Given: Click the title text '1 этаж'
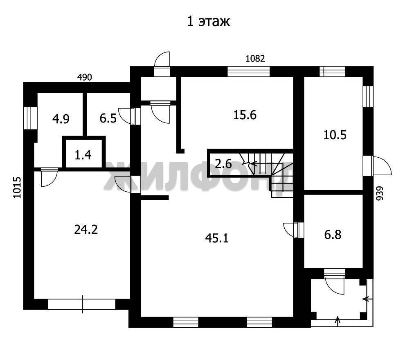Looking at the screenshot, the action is click(x=208, y=21).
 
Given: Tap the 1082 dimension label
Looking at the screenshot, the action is click(x=255, y=59).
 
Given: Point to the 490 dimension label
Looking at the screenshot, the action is click(x=85, y=77).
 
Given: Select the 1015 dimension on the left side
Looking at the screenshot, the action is click(x=17, y=187).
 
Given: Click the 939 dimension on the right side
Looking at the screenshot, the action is click(x=379, y=193).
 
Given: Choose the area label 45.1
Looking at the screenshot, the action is click(x=217, y=238).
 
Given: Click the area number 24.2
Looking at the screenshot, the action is click(x=86, y=229).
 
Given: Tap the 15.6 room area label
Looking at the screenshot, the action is click(x=245, y=115).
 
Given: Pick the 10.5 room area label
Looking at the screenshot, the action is click(x=335, y=135).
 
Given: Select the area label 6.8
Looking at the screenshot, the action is click(x=333, y=235).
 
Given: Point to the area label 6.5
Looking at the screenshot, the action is click(x=108, y=119).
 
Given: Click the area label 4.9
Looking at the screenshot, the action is click(x=61, y=119).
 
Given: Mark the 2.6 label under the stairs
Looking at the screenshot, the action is click(x=223, y=164).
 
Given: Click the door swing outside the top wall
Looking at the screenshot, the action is click(x=162, y=59).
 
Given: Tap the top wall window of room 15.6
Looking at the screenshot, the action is click(x=248, y=71).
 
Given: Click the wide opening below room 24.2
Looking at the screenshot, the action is click(x=82, y=304).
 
